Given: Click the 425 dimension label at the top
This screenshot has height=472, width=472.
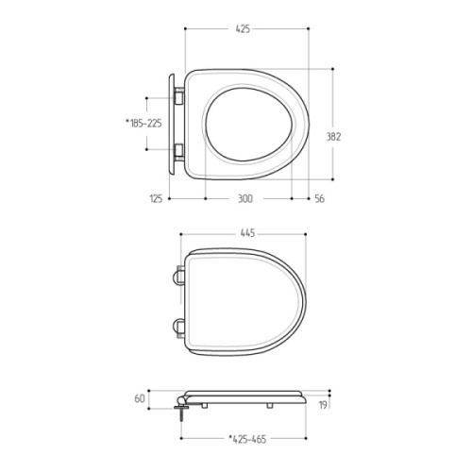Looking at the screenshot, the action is click(x=243, y=29).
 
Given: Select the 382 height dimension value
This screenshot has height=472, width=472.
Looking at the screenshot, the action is click(x=333, y=137).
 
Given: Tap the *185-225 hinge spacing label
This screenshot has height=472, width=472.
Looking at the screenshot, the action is click(x=143, y=123).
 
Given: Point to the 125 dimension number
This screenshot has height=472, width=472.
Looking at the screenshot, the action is click(x=156, y=198).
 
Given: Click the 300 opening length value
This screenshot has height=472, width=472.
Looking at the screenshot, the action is click(x=244, y=198).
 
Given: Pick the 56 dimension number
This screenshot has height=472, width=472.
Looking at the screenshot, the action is click(x=319, y=198).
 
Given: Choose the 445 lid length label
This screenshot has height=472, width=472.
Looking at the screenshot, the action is click(x=247, y=233).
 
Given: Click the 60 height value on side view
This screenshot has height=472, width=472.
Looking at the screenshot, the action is click(x=140, y=398).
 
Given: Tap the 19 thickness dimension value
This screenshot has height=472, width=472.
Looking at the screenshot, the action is click(x=323, y=405).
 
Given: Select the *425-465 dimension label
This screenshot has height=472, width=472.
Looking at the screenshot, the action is click(x=247, y=439).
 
